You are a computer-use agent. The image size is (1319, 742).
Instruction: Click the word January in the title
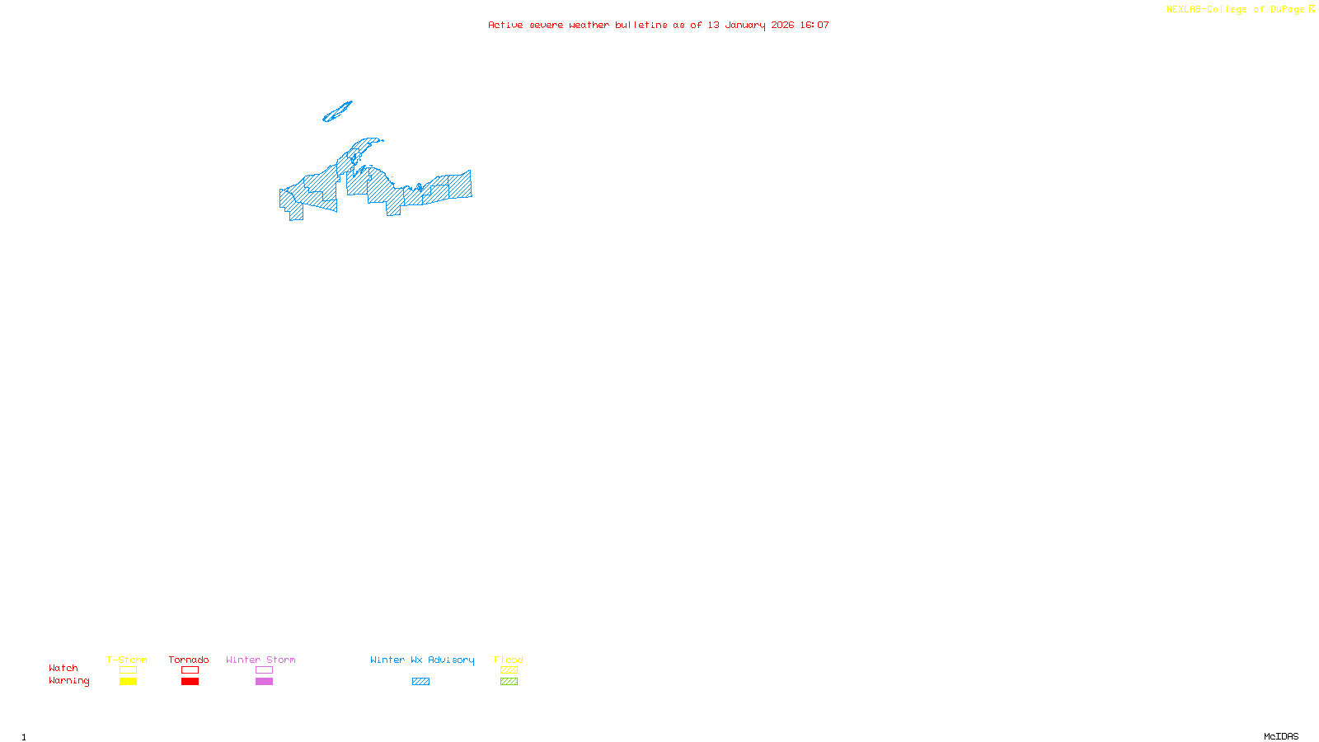744,25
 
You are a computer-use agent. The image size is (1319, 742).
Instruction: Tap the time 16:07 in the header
814,25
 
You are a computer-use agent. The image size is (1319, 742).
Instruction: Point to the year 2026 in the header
782,25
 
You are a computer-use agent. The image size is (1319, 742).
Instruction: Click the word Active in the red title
505,25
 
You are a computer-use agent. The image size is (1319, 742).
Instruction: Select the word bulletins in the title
641,25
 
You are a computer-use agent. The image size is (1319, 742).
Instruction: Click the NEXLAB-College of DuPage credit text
1235,9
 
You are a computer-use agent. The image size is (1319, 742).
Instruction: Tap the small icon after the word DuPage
1312,9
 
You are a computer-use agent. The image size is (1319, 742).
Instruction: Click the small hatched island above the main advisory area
337,111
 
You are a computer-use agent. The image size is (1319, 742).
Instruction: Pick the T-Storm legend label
127,660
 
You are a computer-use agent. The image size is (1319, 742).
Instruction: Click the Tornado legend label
189,660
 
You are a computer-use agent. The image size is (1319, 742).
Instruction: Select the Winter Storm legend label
261,660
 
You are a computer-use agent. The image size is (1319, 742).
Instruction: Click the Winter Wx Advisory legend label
422,660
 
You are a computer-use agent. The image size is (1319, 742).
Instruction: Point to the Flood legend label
509,660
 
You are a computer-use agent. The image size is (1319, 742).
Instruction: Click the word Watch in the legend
63,668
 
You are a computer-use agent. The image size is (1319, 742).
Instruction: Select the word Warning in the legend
68,681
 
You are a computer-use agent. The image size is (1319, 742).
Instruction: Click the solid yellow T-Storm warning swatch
128,682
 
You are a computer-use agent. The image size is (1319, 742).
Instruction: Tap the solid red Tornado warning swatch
190,682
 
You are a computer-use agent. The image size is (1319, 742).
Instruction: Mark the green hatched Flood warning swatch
509,682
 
